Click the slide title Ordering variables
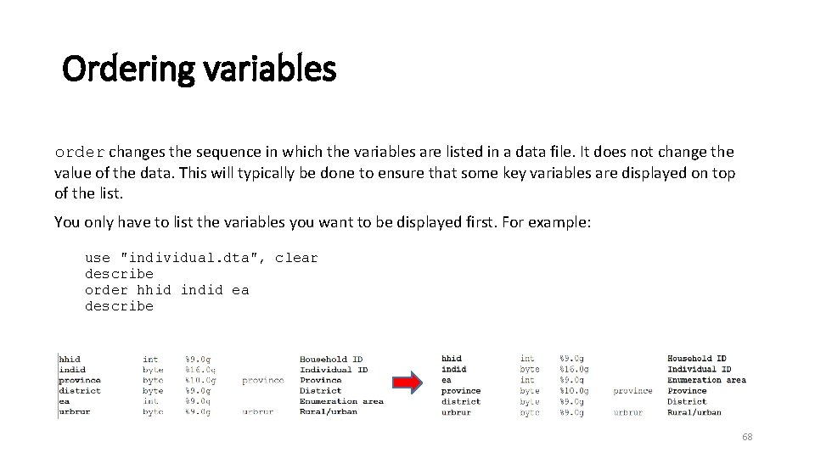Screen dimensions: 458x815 [200, 70]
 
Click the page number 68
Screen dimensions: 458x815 [747, 437]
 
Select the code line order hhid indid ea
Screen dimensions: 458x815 [166, 290]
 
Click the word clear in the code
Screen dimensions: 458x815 [296, 258]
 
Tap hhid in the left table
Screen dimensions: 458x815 [70, 360]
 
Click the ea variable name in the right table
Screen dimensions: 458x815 [447, 380]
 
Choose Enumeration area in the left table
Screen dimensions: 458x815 [341, 401]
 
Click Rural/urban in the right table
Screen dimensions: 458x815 [694, 412]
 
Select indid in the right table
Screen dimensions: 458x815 [453, 369]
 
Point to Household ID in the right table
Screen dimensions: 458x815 [696, 359]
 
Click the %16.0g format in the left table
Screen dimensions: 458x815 [200, 370]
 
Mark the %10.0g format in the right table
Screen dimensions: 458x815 [575, 391]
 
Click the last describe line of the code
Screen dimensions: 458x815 [119, 306]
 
